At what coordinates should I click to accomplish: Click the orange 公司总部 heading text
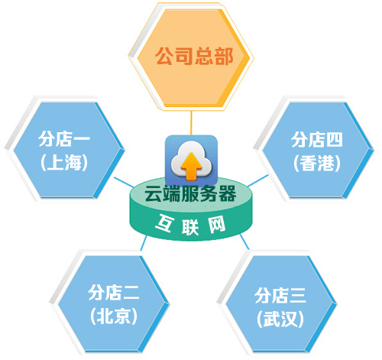194,56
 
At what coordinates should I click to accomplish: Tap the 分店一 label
64,139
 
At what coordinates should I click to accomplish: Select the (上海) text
64,162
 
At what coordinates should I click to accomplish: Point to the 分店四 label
316,139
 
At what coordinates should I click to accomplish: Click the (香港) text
317,163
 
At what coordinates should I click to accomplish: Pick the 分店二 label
114,293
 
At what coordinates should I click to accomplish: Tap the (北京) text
114,316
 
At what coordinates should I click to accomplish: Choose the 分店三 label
280,296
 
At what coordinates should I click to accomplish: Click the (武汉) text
280,319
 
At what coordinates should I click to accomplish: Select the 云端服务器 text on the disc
190,193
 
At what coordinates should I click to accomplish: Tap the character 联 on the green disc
190,226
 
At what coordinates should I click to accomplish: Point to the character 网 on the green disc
217,224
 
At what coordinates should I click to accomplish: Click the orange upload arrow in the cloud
191,166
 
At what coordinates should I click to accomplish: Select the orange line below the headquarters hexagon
191,123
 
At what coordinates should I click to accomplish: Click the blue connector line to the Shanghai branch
124,183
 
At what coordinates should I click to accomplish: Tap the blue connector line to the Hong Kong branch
257,180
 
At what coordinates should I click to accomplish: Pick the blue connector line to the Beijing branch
144,243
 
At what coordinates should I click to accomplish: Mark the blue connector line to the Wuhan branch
244,242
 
